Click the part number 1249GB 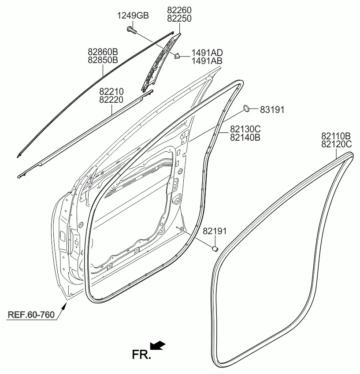pyautogui.click(x=133, y=16)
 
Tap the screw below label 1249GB pyautogui.click(x=131, y=30)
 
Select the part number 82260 pyautogui.click(x=179, y=10)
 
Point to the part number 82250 pyautogui.click(x=179, y=19)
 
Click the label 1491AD pyautogui.click(x=207, y=53)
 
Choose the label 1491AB pyautogui.click(x=207, y=61)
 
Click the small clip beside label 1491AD pyautogui.click(x=177, y=56)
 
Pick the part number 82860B pyautogui.click(x=103, y=52)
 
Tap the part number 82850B pyautogui.click(x=103, y=60)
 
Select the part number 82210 pyautogui.click(x=111, y=92)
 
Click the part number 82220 pyautogui.click(x=111, y=100)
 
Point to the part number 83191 pyautogui.click(x=272, y=110)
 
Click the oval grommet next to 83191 pyautogui.click(x=246, y=108)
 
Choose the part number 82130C pyautogui.click(x=245, y=129)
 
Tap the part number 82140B pyautogui.click(x=245, y=138)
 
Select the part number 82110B pyautogui.click(x=336, y=136)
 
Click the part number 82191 pyautogui.click(x=215, y=231)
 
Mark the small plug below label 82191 pyautogui.click(x=215, y=249)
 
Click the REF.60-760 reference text pyautogui.click(x=31, y=314)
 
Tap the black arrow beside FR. pyautogui.click(x=158, y=346)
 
